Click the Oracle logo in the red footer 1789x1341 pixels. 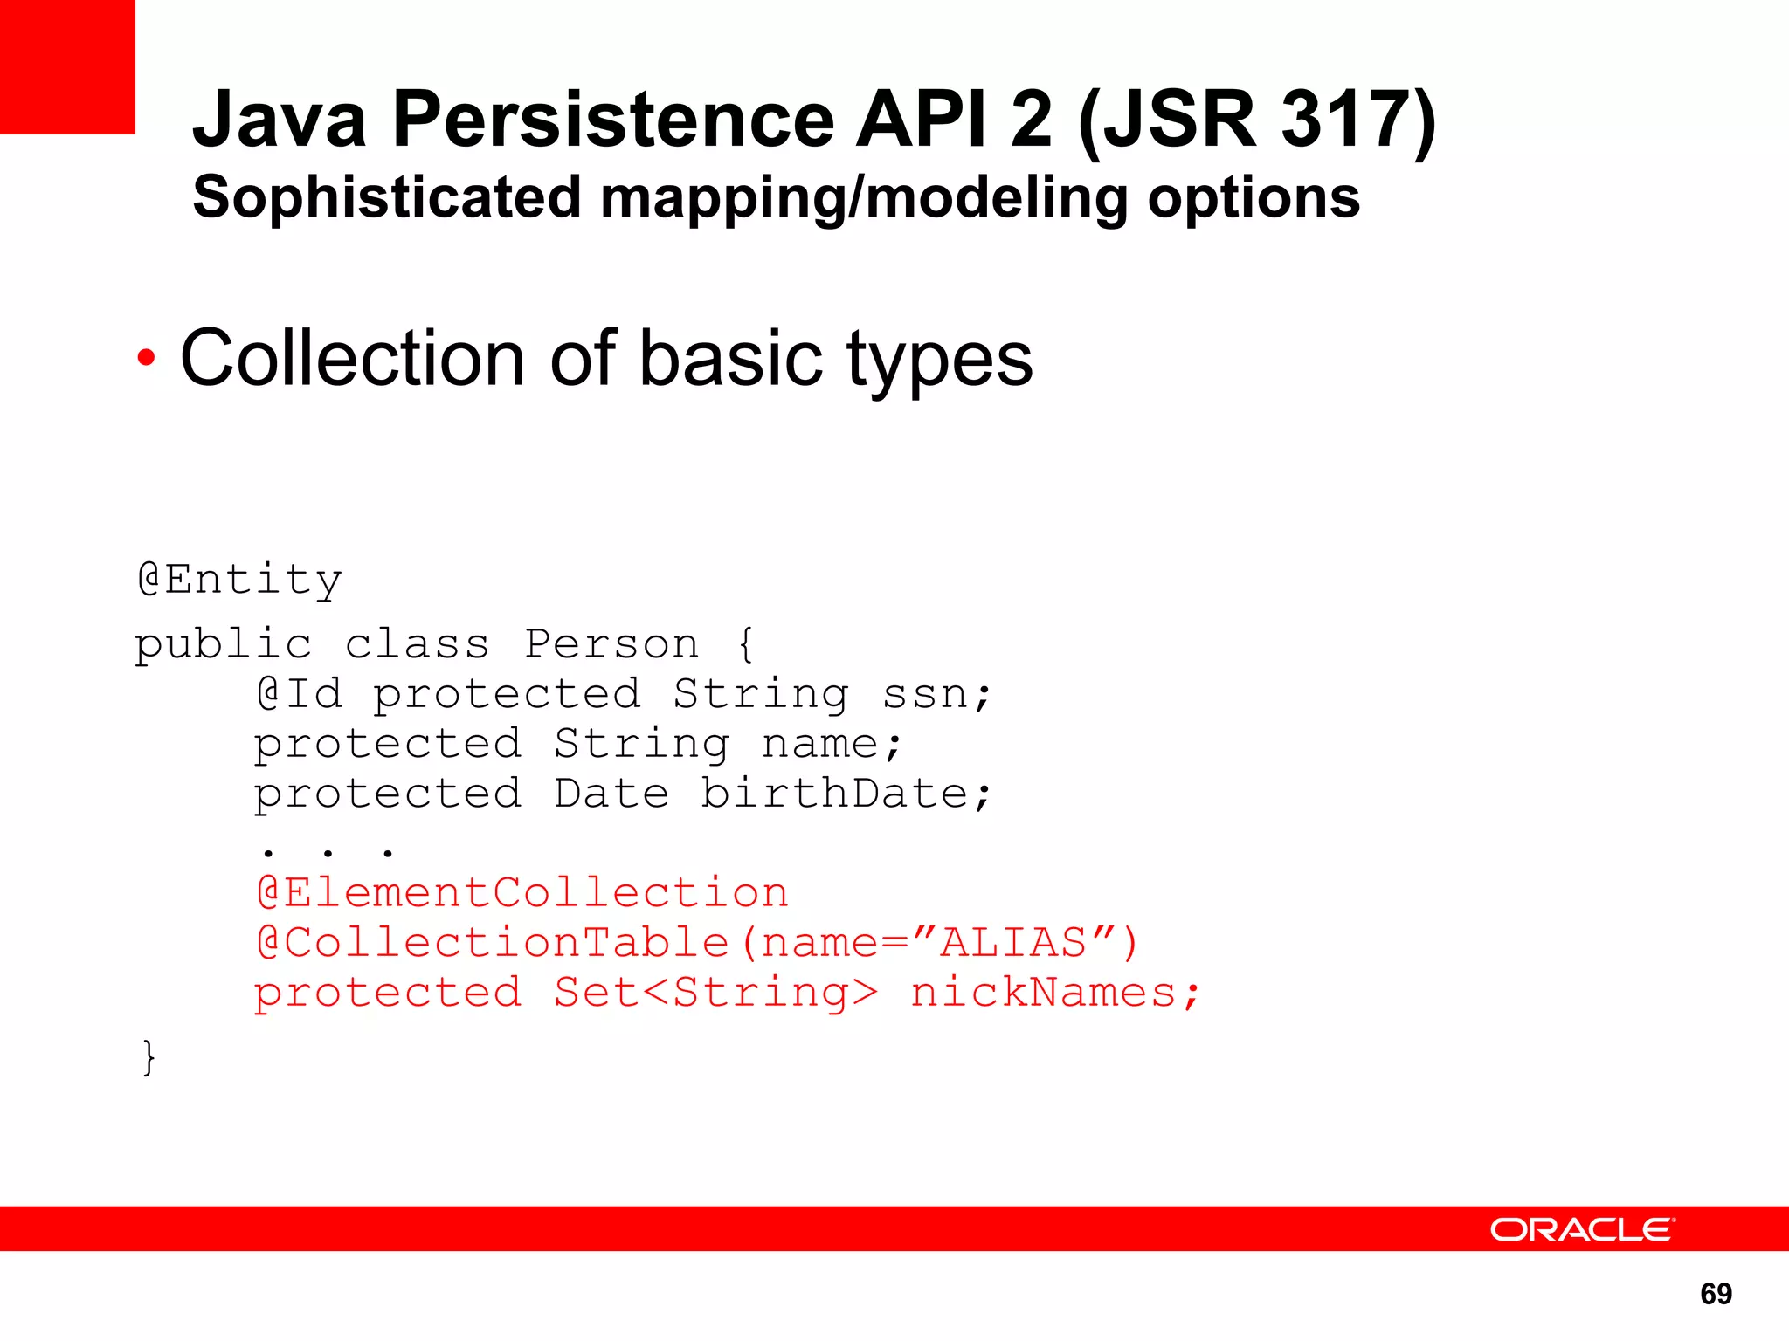pyautogui.click(x=1581, y=1229)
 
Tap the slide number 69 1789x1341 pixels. pyautogui.click(x=1716, y=1294)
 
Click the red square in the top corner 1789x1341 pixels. pyautogui.click(x=67, y=66)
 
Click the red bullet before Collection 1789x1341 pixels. pyautogui.click(x=146, y=357)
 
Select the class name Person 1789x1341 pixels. pyautogui.click(x=611, y=644)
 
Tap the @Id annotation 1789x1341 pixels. pyautogui.click(x=299, y=694)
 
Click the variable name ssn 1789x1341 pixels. pyautogui.click(x=926, y=694)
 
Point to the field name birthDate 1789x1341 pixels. pyautogui.click(x=834, y=794)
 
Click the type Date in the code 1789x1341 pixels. pyautogui.click(x=611, y=794)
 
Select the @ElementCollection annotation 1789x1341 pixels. pyautogui.click(x=522, y=892)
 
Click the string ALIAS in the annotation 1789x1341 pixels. pyautogui.click(x=1013, y=943)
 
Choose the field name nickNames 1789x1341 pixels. pyautogui.click(x=1044, y=993)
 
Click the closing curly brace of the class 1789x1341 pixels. pyautogui.click(x=149, y=1057)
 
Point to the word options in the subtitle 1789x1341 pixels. pyautogui.click(x=1254, y=197)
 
